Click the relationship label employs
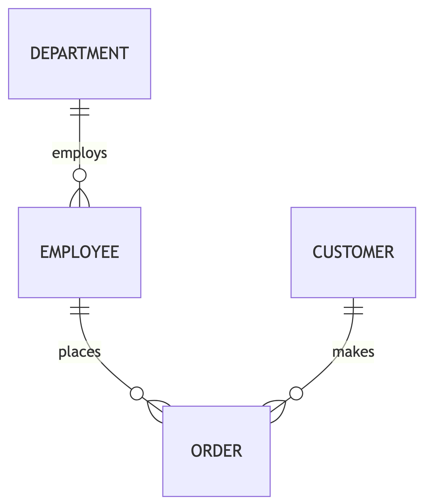[x=79, y=153]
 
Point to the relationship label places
[x=79, y=352]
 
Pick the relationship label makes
[x=353, y=352]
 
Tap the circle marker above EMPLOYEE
[x=79, y=175]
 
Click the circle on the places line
[x=137, y=394]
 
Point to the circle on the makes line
[x=296, y=394]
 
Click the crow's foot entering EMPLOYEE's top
[x=79, y=198]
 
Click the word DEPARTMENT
[x=79, y=53]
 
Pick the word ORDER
[x=216, y=451]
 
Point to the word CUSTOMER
[x=353, y=252]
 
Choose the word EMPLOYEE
[x=79, y=252]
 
